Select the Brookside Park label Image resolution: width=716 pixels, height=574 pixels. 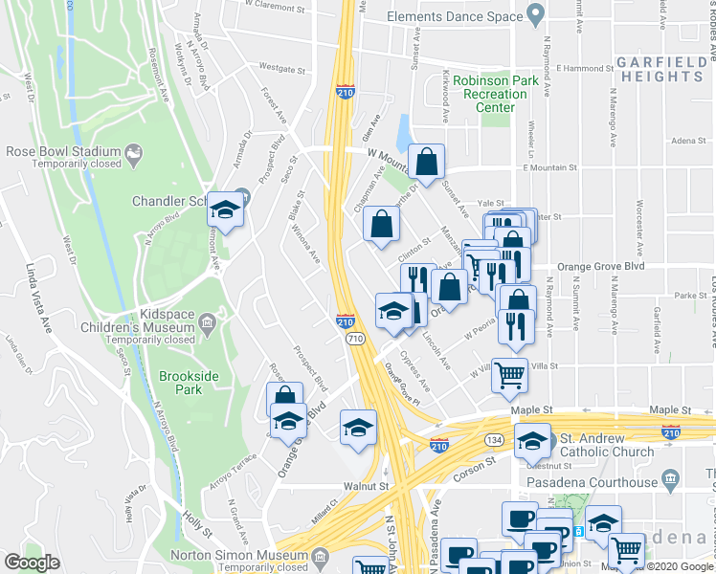click(x=181, y=383)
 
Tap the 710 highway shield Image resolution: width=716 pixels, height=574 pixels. click(x=355, y=339)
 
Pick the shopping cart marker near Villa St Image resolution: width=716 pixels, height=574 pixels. click(x=510, y=375)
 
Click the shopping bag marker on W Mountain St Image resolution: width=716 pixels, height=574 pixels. click(x=426, y=163)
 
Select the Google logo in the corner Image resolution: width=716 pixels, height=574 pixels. click(x=32, y=563)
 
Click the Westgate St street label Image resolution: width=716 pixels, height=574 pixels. click(x=282, y=69)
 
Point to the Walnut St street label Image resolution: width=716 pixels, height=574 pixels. click(x=368, y=486)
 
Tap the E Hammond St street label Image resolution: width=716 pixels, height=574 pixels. click(x=572, y=69)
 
